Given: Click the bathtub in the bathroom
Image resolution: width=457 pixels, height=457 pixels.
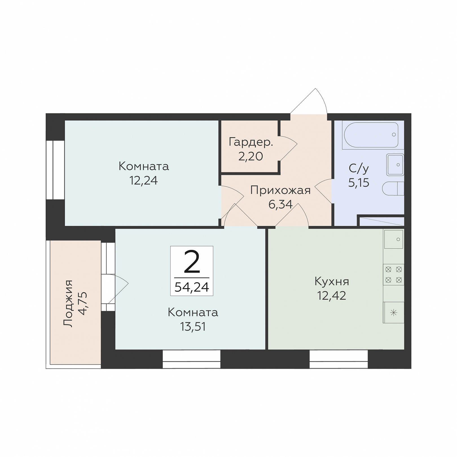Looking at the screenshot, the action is point(371,135).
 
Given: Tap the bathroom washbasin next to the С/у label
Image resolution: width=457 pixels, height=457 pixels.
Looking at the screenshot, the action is point(395,165).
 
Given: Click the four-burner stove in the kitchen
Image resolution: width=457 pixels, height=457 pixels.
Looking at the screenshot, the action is point(394,275).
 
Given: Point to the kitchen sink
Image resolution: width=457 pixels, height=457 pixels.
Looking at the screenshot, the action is point(394,239).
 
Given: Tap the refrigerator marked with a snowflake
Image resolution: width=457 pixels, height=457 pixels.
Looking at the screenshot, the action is point(394,313).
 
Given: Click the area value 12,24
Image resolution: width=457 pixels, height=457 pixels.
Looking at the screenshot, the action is point(144,180).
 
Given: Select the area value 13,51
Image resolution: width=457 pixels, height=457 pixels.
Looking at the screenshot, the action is point(193,326).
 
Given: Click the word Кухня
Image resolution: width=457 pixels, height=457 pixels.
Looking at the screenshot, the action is point(332,282).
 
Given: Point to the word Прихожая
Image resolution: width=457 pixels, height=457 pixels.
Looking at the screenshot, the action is point(280,190).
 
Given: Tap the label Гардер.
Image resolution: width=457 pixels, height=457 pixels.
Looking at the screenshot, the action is point(251,142).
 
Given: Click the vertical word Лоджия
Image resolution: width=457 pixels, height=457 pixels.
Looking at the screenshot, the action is point(68,304).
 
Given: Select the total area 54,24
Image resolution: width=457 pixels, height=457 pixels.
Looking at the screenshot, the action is point(192,287).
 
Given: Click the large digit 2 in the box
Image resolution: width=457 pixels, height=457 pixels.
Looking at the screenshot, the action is point(192,262).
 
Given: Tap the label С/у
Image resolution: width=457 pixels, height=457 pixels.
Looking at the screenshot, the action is point(359,168).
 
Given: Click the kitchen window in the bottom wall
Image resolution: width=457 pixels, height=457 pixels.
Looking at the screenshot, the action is point(339,359).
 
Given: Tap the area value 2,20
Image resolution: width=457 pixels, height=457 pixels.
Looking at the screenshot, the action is point(251,156).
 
